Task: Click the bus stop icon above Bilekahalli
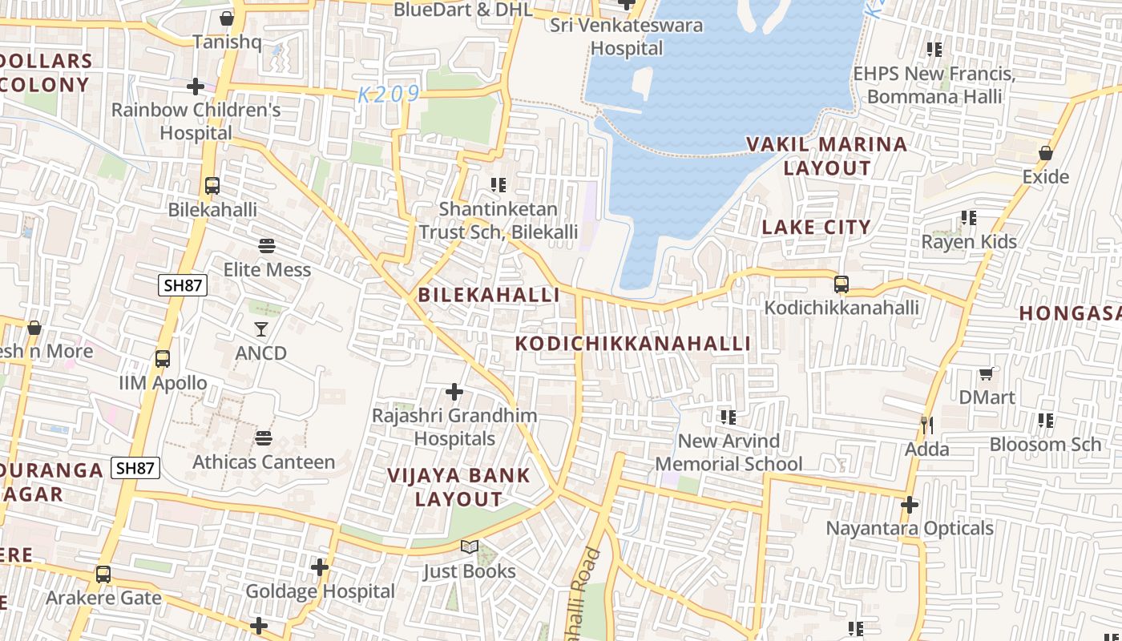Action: point(212,186)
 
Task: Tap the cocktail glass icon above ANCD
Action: point(261,329)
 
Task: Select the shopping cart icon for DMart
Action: point(986,373)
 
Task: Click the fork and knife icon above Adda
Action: point(926,425)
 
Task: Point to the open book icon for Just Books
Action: point(470,547)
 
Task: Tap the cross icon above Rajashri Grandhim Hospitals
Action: point(454,392)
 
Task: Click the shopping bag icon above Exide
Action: point(1046,152)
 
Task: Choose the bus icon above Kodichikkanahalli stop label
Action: point(841,284)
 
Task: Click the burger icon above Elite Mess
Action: point(267,246)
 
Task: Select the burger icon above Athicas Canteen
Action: point(264,438)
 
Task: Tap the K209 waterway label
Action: point(389,95)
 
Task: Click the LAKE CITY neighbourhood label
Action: point(816,227)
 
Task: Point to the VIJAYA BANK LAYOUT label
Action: point(458,486)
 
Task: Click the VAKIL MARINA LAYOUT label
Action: point(826,156)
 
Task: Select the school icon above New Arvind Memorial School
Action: point(728,417)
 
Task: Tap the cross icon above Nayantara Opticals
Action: point(910,505)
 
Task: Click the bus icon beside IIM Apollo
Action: point(163,359)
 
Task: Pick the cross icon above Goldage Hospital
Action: point(320,567)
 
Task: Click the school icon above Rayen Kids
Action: point(969,218)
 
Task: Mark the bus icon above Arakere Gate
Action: point(103,574)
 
